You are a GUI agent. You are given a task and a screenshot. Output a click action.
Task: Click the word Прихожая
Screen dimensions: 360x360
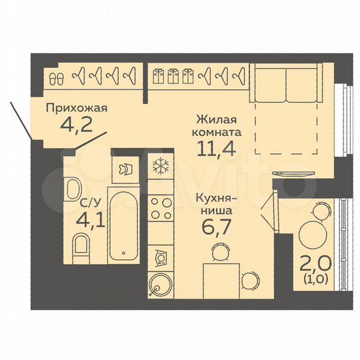(x=77, y=109)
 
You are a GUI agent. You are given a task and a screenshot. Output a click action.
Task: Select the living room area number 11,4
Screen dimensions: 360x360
(x=216, y=149)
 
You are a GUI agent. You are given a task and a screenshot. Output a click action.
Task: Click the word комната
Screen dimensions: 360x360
(x=217, y=133)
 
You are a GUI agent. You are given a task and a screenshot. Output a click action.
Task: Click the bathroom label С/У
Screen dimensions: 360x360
(x=90, y=202)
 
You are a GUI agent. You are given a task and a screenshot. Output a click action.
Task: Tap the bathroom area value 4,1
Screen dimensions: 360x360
(x=91, y=220)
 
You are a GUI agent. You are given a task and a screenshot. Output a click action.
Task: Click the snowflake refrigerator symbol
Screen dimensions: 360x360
(x=161, y=165)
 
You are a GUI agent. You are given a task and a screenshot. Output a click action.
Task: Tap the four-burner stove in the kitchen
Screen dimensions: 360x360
(x=161, y=208)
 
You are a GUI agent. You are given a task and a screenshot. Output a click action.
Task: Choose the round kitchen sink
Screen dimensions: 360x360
(x=160, y=285)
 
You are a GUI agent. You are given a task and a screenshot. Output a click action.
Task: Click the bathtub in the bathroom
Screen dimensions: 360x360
(x=123, y=225)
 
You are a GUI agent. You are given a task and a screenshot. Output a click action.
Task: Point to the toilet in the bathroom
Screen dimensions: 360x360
(x=81, y=249)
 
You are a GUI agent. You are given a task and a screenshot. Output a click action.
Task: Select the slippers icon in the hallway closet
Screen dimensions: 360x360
(x=57, y=79)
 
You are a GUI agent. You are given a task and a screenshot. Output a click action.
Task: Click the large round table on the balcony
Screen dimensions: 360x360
(x=313, y=235)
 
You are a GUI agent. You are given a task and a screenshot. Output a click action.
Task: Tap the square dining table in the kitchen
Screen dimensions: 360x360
(x=221, y=281)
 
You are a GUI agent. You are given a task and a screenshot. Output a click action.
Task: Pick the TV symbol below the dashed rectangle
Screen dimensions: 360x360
(x=293, y=173)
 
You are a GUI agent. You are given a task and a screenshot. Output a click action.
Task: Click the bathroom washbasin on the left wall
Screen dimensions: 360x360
(x=73, y=188)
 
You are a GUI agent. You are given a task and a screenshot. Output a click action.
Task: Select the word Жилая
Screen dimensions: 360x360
(x=216, y=119)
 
